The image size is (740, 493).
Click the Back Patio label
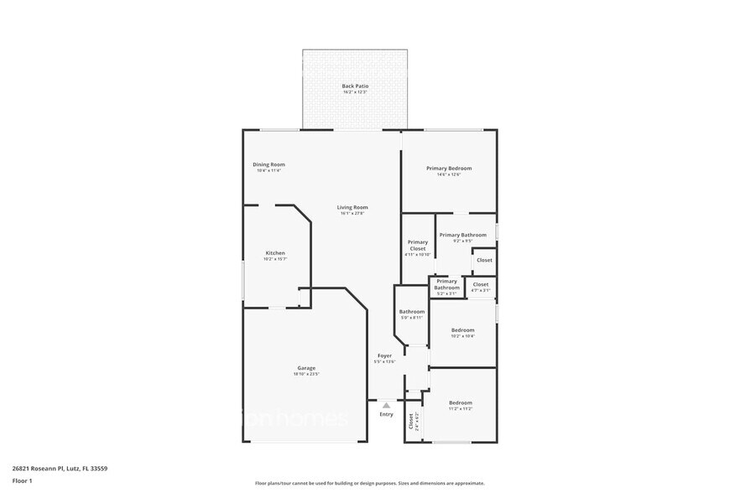point(355,86)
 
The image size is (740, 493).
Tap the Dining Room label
point(268,165)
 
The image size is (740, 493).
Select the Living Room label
point(352,208)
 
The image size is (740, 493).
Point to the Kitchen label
point(275,253)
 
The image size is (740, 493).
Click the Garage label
point(306,368)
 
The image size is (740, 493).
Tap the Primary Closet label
point(417,246)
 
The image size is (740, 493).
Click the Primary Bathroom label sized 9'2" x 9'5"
point(462,236)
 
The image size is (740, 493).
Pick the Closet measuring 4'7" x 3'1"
point(481,285)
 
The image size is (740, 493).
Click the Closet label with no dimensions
point(484,260)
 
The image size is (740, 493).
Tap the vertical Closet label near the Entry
point(411,421)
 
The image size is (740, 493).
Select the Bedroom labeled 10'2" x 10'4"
point(462,330)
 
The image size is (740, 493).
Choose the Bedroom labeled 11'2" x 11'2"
point(460,403)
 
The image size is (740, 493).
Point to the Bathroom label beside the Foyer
point(411,312)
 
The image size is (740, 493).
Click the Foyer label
point(383,356)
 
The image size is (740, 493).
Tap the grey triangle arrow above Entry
point(386,405)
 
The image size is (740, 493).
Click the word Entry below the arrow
point(386,414)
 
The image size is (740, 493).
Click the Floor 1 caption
point(22,480)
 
